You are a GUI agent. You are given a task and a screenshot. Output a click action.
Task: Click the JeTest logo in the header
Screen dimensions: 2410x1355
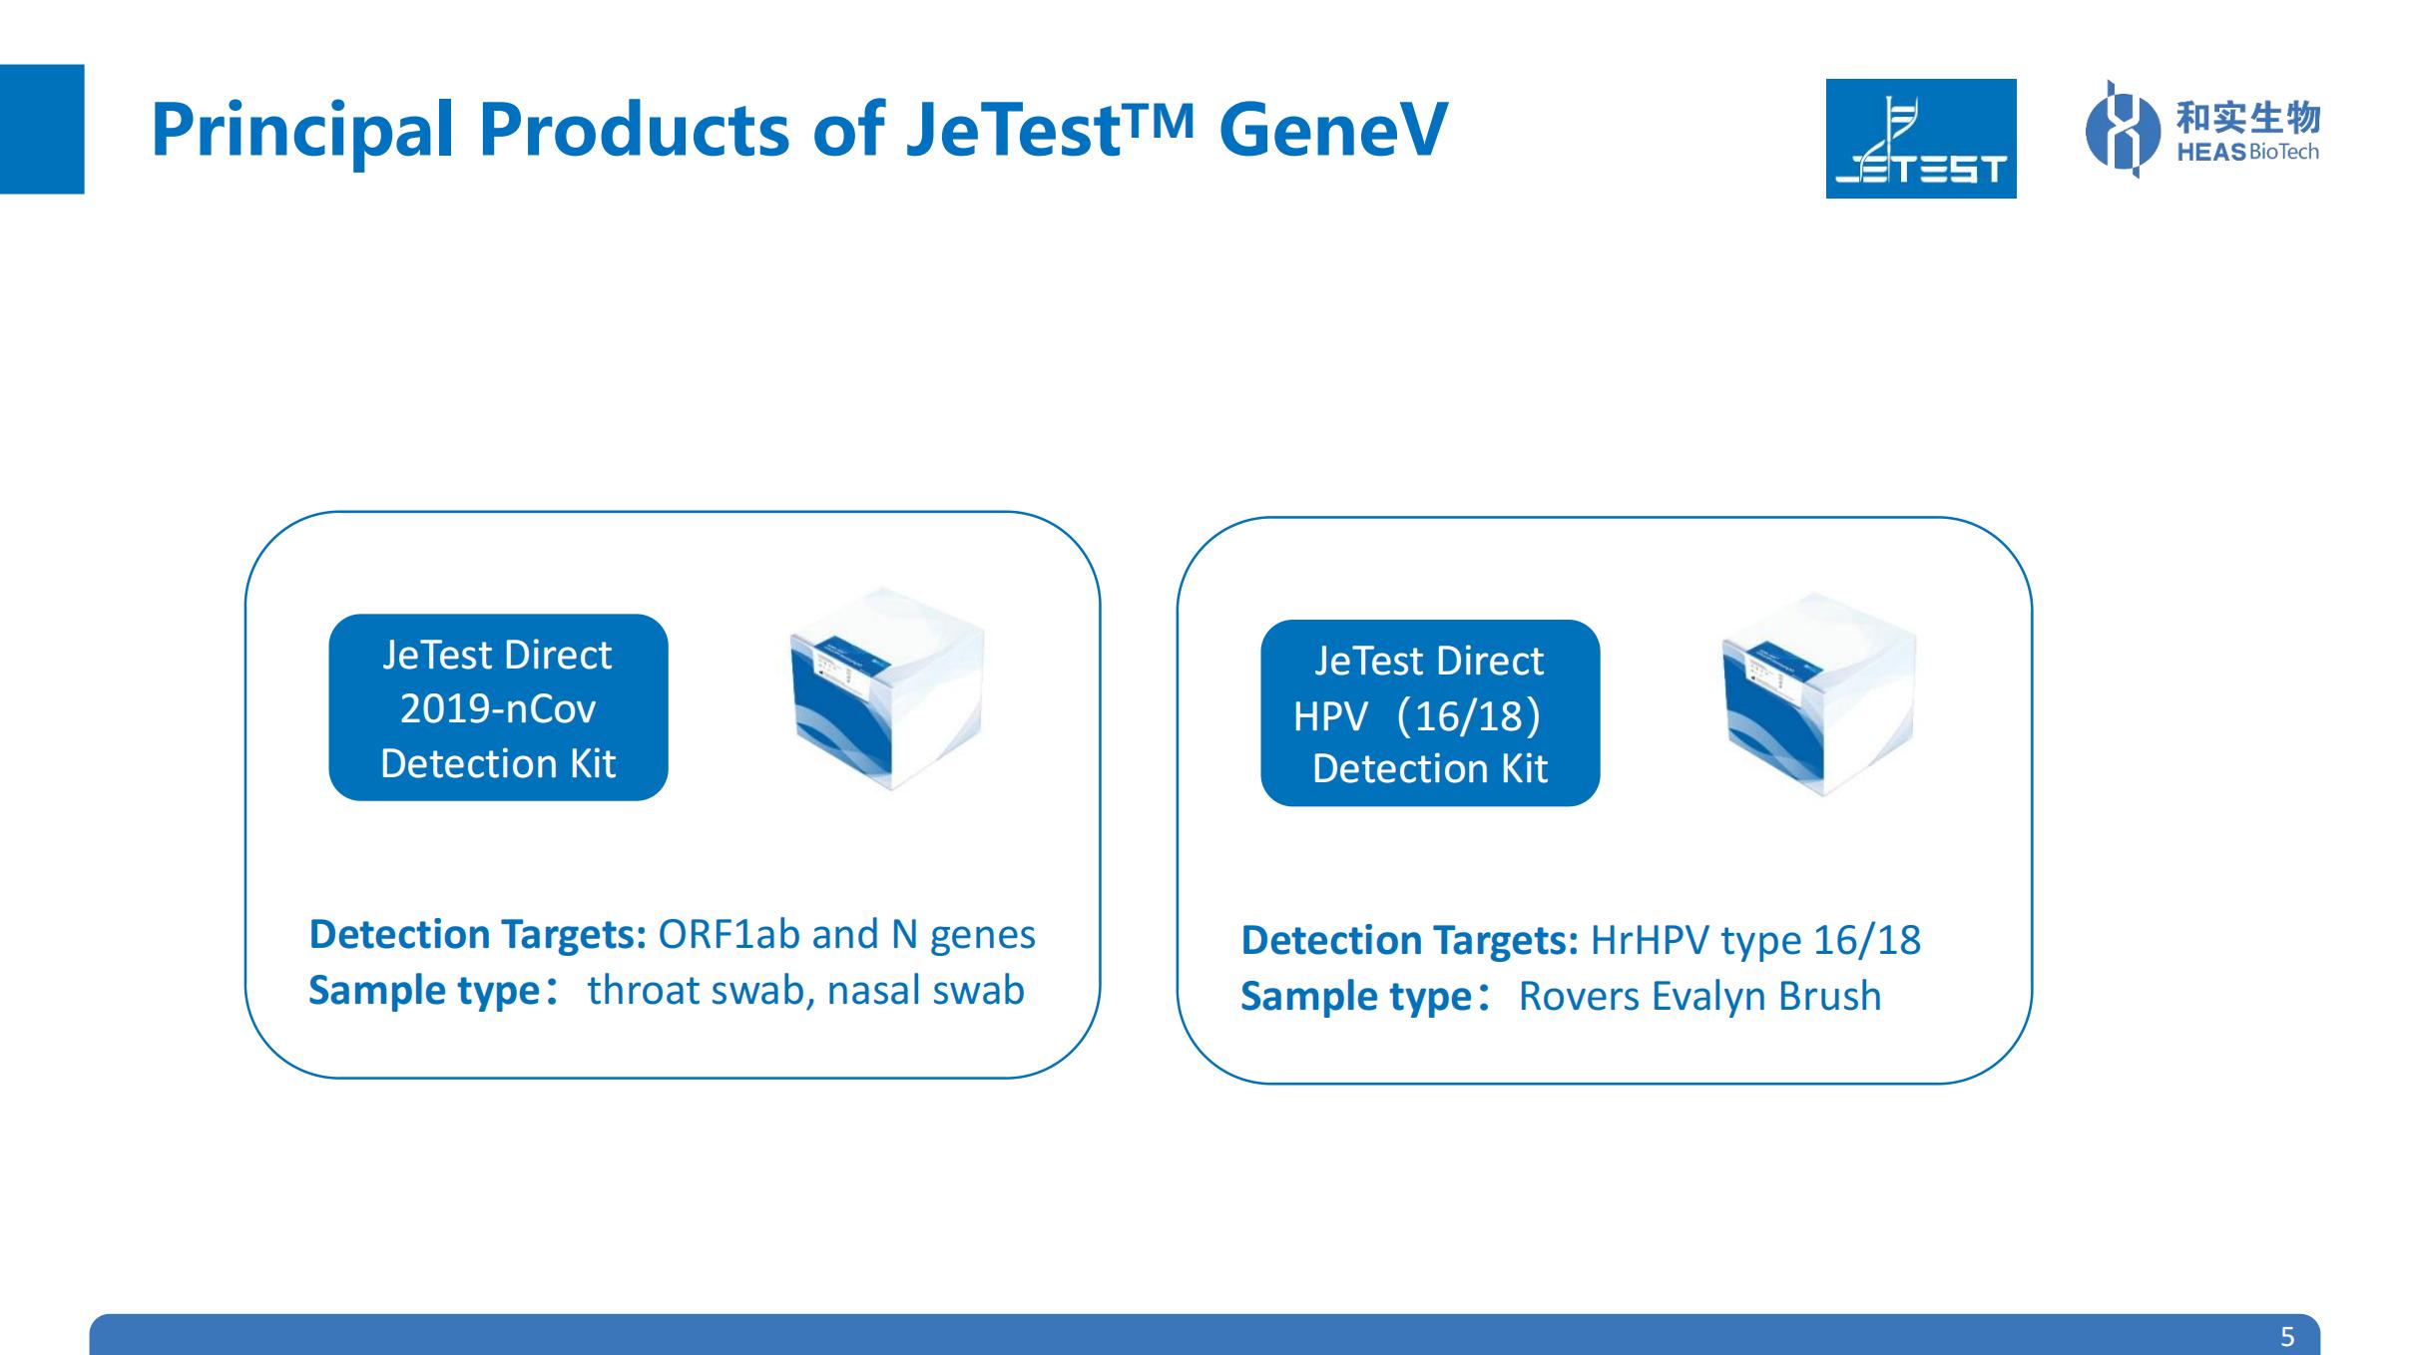[1920, 139]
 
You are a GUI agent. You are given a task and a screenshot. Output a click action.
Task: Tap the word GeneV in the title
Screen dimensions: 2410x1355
[1333, 130]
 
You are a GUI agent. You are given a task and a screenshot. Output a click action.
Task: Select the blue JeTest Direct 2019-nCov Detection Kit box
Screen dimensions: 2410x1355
[498, 707]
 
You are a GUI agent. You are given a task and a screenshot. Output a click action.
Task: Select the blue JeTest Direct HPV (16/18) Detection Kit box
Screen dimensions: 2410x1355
[1430, 713]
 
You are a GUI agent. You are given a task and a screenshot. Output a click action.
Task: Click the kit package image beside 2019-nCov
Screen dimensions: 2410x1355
[886, 688]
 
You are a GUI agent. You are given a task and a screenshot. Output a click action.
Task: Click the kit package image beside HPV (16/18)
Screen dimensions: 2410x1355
[1818, 694]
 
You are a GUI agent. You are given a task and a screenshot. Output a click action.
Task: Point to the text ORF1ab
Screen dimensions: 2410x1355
[728, 935]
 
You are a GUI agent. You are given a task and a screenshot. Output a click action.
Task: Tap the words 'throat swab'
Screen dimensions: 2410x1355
[696, 991]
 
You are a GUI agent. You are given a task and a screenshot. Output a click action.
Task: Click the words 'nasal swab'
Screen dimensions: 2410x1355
[925, 991]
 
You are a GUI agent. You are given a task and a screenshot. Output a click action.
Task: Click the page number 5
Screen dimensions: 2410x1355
[2287, 1336]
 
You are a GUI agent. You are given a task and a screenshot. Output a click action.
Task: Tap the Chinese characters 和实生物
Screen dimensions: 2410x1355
[2247, 118]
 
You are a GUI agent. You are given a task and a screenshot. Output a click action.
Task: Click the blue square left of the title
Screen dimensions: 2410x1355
[42, 129]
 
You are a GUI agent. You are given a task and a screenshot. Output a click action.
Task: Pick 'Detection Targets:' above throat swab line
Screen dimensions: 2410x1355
[478, 935]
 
